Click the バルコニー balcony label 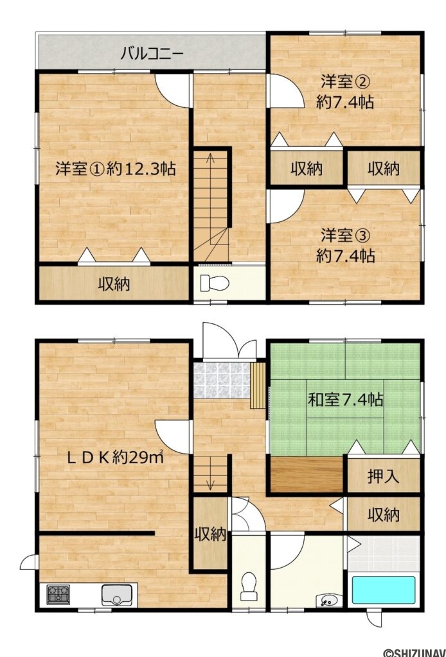pos(152,54)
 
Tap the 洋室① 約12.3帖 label pos(116,169)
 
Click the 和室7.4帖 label pos(345,400)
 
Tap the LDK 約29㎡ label pos(116,457)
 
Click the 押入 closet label pos(383,477)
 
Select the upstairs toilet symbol pos(215,283)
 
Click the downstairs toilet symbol pos(248,586)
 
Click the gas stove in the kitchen pos(58,594)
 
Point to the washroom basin pos(329,601)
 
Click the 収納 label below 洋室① pos(114,284)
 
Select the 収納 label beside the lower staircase pos(210,534)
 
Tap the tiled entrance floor pos(222,380)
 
